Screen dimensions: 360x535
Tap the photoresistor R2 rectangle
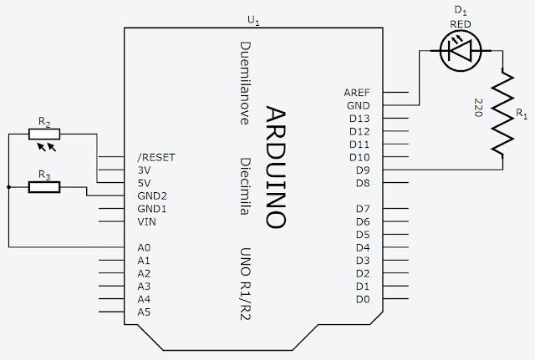click(x=44, y=134)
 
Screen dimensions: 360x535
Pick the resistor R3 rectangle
click(x=44, y=187)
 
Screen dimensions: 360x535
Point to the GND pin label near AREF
click(x=358, y=105)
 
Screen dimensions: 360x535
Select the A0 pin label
click(x=144, y=248)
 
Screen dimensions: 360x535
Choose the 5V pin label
click(x=145, y=183)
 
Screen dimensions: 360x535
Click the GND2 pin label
click(x=151, y=195)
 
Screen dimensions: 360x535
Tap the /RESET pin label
click(x=155, y=157)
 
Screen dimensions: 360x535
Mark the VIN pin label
click(x=146, y=221)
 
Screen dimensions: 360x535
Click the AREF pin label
click(x=357, y=92)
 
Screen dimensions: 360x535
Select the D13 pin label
click(x=359, y=119)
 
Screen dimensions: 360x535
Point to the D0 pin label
click(x=362, y=299)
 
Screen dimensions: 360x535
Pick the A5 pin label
click(x=144, y=312)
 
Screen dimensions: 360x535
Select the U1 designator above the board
click(x=253, y=19)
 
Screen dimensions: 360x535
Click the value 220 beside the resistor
click(x=478, y=107)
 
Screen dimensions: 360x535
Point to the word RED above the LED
click(x=460, y=25)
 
